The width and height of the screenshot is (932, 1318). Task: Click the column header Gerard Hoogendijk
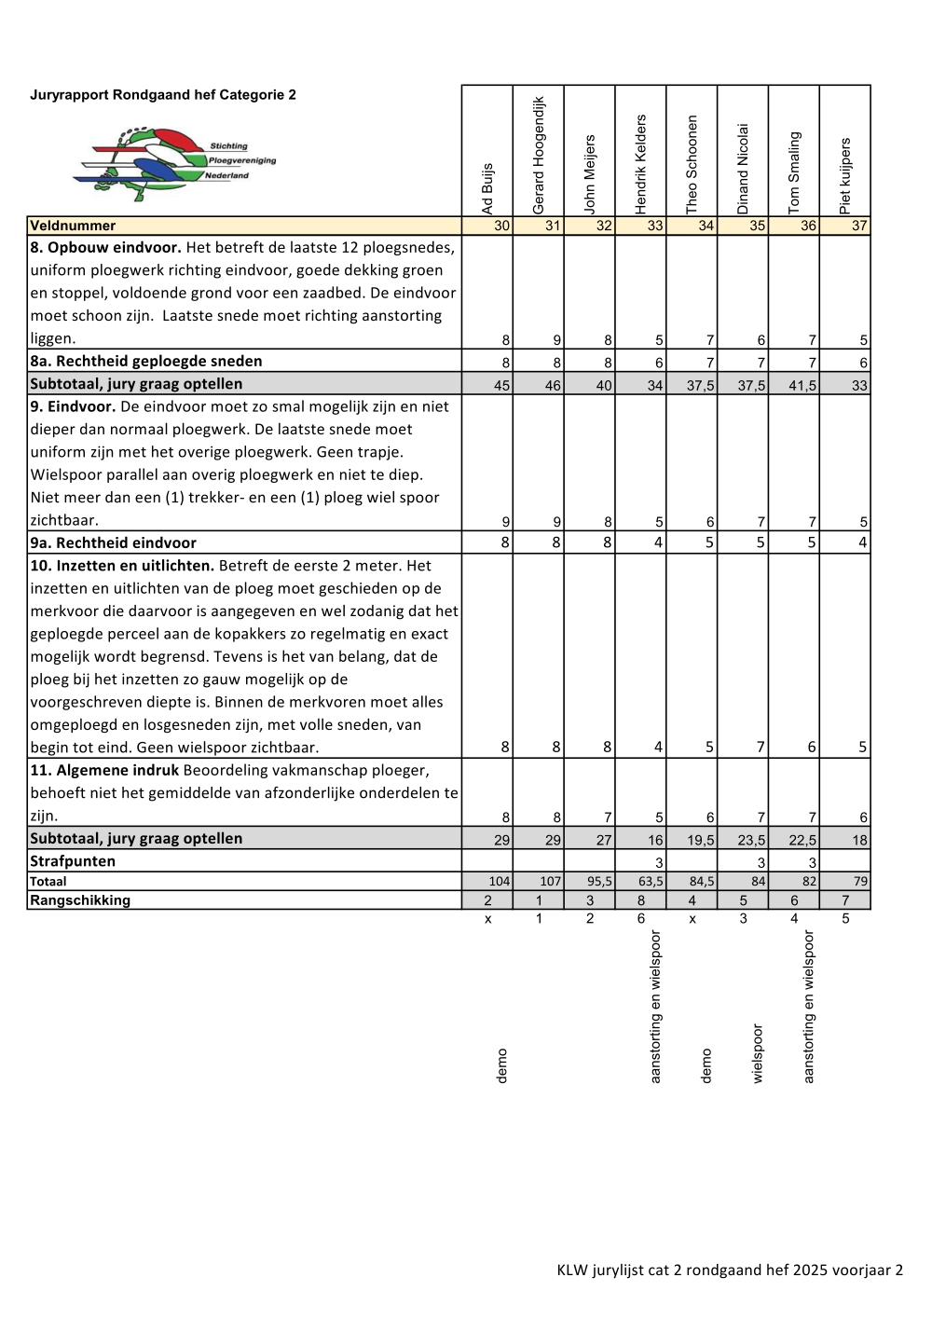coord(539,156)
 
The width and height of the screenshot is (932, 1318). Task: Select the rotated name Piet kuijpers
coord(845,176)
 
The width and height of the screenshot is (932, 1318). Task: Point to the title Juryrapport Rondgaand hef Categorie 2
coord(163,95)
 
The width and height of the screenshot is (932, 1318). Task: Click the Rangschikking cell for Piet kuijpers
coord(845,900)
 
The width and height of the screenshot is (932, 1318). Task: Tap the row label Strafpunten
coord(73,861)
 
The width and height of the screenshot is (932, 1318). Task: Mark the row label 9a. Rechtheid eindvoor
coord(113,542)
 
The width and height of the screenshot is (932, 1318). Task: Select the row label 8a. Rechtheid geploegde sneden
coord(145,361)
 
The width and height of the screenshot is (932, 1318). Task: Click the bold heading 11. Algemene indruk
coord(104,770)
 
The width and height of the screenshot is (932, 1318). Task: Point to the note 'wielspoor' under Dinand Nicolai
coord(758,1053)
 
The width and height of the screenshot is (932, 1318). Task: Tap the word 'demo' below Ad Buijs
coord(502,1065)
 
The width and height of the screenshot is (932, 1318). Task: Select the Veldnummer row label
coord(73,226)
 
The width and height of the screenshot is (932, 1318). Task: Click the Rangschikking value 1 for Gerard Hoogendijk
coord(539,900)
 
